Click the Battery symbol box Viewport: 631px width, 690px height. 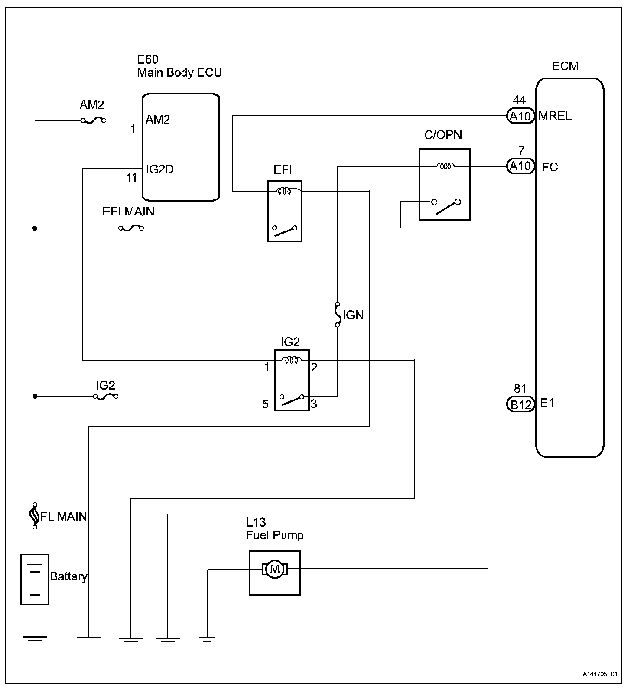coord(35,579)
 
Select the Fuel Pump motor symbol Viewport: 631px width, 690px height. coord(275,569)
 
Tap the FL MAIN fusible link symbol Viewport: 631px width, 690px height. coord(35,516)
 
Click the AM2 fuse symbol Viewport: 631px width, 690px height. coord(92,120)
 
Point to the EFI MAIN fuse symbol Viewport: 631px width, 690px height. coord(130,228)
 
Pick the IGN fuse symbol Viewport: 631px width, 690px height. coord(338,314)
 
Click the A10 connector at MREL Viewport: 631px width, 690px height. coord(520,116)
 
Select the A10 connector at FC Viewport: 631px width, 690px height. coord(520,166)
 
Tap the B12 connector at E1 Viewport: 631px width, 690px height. coord(520,404)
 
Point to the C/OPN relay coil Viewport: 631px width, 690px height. coord(445,166)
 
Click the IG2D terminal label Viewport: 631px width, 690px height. coord(159,169)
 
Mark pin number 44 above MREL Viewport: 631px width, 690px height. coord(519,101)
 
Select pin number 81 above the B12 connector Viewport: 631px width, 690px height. coord(520,388)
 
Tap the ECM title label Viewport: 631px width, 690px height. coord(565,66)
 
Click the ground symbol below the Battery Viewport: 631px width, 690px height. coord(35,640)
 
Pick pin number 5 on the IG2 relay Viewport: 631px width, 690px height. coord(265,404)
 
